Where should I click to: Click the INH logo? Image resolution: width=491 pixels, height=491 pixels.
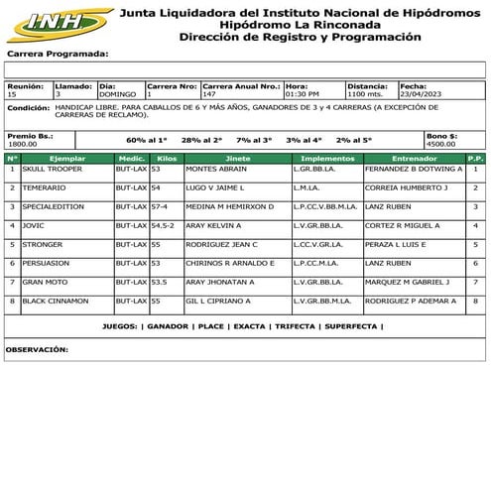(x=60, y=23)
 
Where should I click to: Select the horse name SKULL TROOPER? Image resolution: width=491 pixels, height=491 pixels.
(x=51, y=169)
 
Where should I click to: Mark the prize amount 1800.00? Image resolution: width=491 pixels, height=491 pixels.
(x=23, y=144)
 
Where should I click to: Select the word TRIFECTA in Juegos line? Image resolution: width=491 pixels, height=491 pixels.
(x=296, y=325)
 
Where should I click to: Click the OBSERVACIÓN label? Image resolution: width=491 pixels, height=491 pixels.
(x=37, y=349)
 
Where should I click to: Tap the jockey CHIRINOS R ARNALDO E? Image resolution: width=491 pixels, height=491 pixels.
(x=230, y=263)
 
